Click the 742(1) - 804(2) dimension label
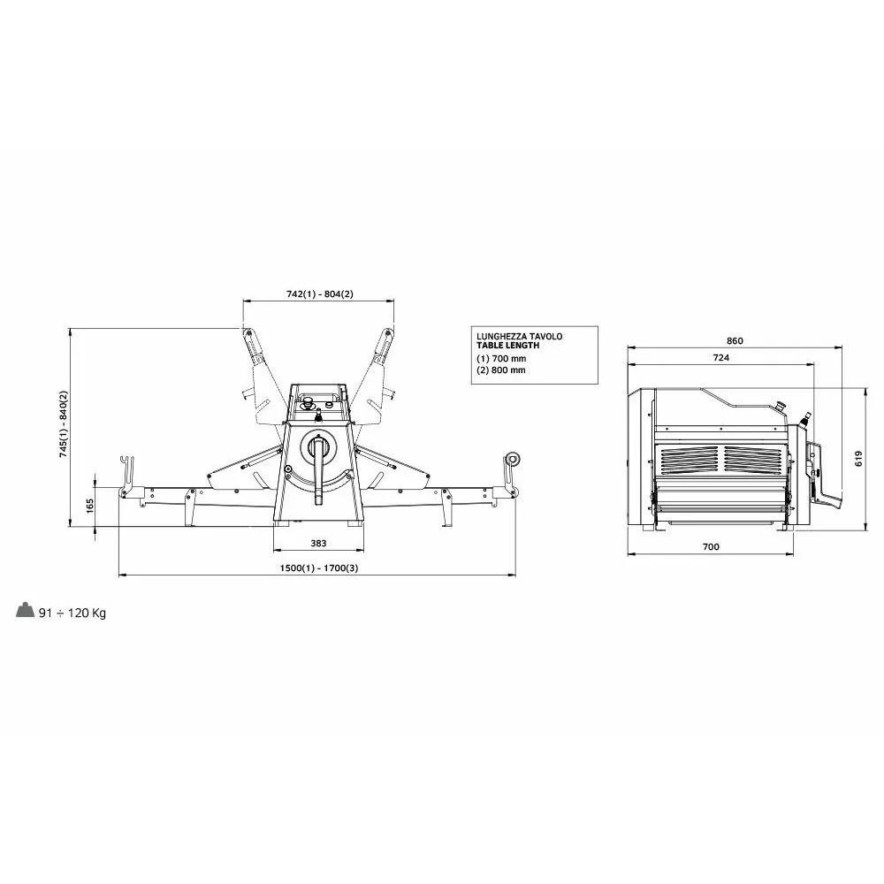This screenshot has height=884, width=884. point(320,293)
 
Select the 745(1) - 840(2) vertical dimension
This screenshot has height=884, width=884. point(64,424)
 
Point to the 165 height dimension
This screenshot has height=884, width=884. point(90,506)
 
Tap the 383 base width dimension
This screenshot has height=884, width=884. point(318,544)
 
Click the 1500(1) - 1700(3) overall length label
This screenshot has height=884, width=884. point(319,568)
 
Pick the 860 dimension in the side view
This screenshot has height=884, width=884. point(735,340)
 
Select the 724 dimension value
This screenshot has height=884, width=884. point(721,357)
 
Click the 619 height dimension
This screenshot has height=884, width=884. point(858,458)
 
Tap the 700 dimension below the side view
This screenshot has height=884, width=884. point(711,546)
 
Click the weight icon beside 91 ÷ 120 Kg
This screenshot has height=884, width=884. point(26,610)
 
